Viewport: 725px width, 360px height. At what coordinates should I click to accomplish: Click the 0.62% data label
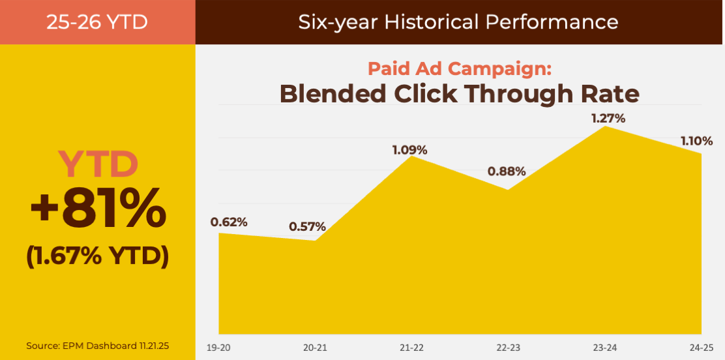tap(229, 222)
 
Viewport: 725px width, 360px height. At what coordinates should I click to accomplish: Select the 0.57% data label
tap(307, 228)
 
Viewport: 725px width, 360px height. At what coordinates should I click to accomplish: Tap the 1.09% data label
tap(409, 150)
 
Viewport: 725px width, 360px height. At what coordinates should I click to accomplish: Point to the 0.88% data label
tap(507, 172)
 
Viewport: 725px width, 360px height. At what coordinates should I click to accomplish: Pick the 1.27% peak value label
tap(608, 119)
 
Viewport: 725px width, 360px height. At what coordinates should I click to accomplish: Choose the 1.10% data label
tap(696, 141)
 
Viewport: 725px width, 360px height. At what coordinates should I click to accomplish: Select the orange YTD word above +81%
tap(98, 164)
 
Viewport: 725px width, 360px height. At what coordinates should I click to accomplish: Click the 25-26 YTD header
tap(97, 22)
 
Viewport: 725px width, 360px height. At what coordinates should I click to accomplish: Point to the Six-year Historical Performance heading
tap(458, 22)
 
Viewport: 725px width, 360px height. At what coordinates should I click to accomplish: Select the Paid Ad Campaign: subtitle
tap(460, 68)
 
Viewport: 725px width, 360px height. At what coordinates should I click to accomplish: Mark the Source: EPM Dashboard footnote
tap(98, 346)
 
